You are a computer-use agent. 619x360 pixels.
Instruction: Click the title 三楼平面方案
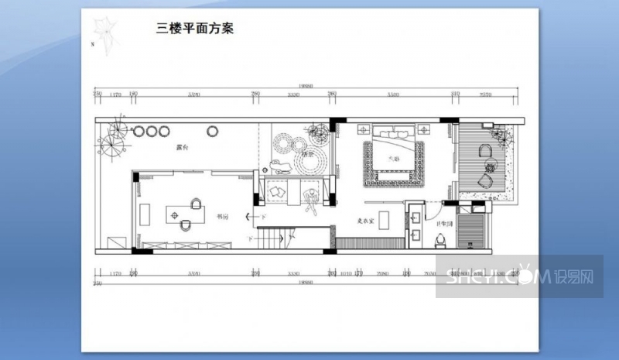pyautogui.click(x=195, y=29)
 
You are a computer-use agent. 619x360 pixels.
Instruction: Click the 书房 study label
pyautogui.click(x=222, y=218)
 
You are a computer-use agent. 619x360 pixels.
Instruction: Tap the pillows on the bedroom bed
pyautogui.click(x=395, y=133)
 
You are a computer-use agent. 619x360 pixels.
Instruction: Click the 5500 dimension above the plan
pyautogui.click(x=393, y=94)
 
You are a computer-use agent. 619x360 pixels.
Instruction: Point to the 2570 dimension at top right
pyautogui.click(x=485, y=94)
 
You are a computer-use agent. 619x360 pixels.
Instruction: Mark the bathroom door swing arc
pyautogui.click(x=439, y=207)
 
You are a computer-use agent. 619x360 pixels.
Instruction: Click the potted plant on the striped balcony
pyautogui.click(x=502, y=136)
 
